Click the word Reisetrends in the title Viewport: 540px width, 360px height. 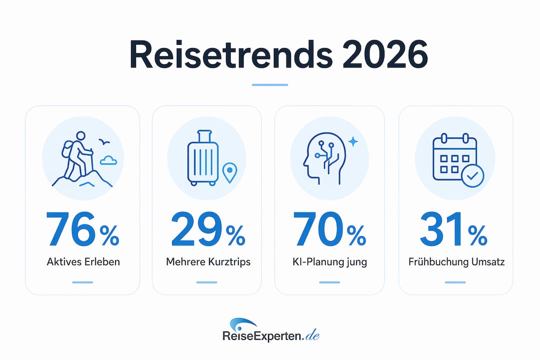[x=230, y=55]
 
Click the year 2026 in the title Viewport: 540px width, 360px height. [x=385, y=55]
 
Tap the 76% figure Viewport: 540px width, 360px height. [x=82, y=229]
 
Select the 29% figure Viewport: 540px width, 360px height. [x=208, y=229]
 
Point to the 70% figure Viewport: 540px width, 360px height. [x=329, y=229]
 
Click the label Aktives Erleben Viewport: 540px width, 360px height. [x=83, y=262]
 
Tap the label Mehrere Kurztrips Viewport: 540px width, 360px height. [x=208, y=262]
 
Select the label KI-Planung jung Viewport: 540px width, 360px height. [x=329, y=262]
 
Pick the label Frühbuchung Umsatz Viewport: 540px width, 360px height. [x=456, y=262]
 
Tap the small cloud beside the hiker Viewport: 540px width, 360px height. [x=108, y=160]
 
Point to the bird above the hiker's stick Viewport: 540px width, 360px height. [x=104, y=141]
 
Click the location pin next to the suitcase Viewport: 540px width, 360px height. [x=229, y=172]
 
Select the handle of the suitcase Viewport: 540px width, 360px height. [x=204, y=135]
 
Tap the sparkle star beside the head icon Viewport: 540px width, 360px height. [x=353, y=141]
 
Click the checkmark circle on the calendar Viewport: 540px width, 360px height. [x=472, y=175]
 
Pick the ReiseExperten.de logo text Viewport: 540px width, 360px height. [x=271, y=336]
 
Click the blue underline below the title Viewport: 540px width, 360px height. [x=269, y=84]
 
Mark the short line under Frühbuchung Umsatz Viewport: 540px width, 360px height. [x=455, y=282]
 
